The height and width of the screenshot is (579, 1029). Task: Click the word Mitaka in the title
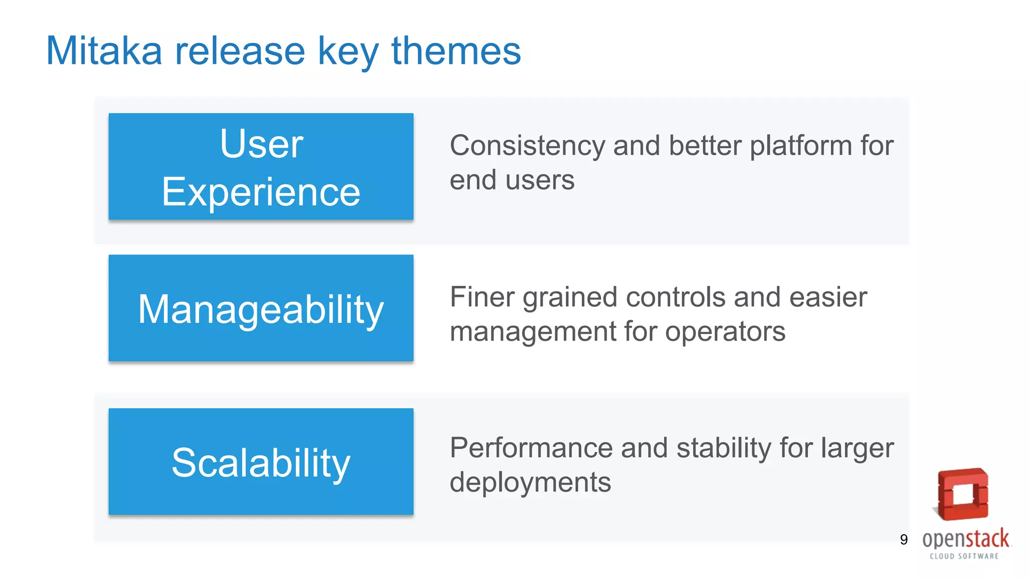pyautogui.click(x=104, y=51)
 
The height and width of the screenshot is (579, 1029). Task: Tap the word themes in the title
pyautogui.click(x=456, y=51)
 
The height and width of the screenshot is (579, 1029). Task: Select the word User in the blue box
pyautogui.click(x=261, y=144)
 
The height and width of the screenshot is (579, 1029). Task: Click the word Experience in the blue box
pyautogui.click(x=261, y=192)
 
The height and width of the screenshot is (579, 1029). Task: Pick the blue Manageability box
pyautogui.click(x=261, y=308)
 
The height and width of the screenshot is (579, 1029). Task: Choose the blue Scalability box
pyautogui.click(x=261, y=462)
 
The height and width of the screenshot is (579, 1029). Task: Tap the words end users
pyautogui.click(x=511, y=180)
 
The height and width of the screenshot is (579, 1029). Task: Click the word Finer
pyautogui.click(x=482, y=297)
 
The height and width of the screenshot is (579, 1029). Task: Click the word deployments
pyautogui.click(x=530, y=482)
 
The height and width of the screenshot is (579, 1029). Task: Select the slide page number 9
pyautogui.click(x=903, y=540)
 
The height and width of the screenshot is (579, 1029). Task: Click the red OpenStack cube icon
pyautogui.click(x=963, y=494)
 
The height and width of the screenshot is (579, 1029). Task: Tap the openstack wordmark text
pyautogui.click(x=965, y=539)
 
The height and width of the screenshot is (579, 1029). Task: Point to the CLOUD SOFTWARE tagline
pyautogui.click(x=964, y=556)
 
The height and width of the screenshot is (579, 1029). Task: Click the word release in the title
pyautogui.click(x=240, y=51)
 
